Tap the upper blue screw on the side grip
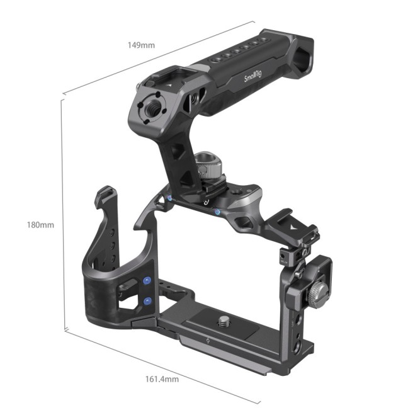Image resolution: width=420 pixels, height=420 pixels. pyautogui.click(x=147, y=281)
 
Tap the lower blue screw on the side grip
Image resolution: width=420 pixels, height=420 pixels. pyautogui.click(x=147, y=302)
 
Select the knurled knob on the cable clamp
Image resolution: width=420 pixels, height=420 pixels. pyautogui.click(x=319, y=292)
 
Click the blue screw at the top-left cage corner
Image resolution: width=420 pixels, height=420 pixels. pyautogui.click(x=171, y=200)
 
